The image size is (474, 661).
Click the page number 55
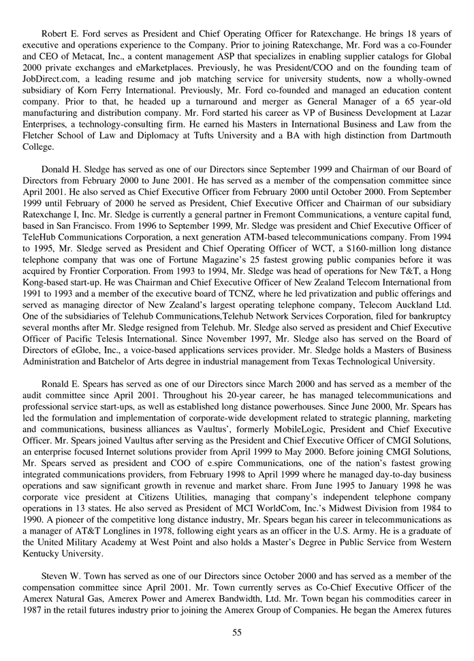(x=237, y=632)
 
